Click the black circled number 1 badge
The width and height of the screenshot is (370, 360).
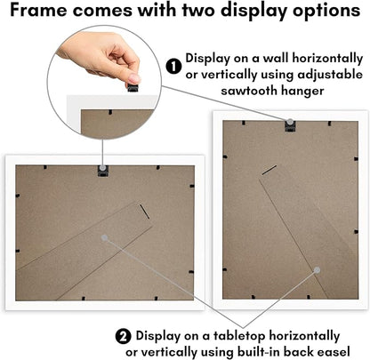pyautogui.click(x=173, y=66)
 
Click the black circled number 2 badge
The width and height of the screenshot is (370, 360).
pyautogui.click(x=123, y=337)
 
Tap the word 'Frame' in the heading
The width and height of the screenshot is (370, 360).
pyautogui.click(x=38, y=10)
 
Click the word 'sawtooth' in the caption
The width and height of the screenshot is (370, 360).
pyautogui.click(x=248, y=90)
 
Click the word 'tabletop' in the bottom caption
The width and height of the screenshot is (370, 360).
pyautogui.click(x=239, y=336)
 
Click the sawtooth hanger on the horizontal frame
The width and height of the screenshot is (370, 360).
pyautogui.click(x=103, y=171)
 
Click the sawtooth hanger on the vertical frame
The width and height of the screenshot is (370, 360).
pyautogui.click(x=290, y=125)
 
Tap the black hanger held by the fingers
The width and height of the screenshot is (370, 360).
pyautogui.click(x=133, y=88)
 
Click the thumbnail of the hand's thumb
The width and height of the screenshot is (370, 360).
pyautogui.click(x=134, y=78)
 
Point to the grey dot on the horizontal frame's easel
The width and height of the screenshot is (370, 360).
pyautogui.click(x=104, y=237)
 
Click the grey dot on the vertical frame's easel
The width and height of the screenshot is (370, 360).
pyautogui.click(x=318, y=270)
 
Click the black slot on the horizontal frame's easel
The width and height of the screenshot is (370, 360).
pyautogui.click(x=145, y=212)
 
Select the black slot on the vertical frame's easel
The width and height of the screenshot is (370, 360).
pyautogui.click(x=269, y=170)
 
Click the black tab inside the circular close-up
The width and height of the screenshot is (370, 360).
pyautogui.click(x=110, y=112)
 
